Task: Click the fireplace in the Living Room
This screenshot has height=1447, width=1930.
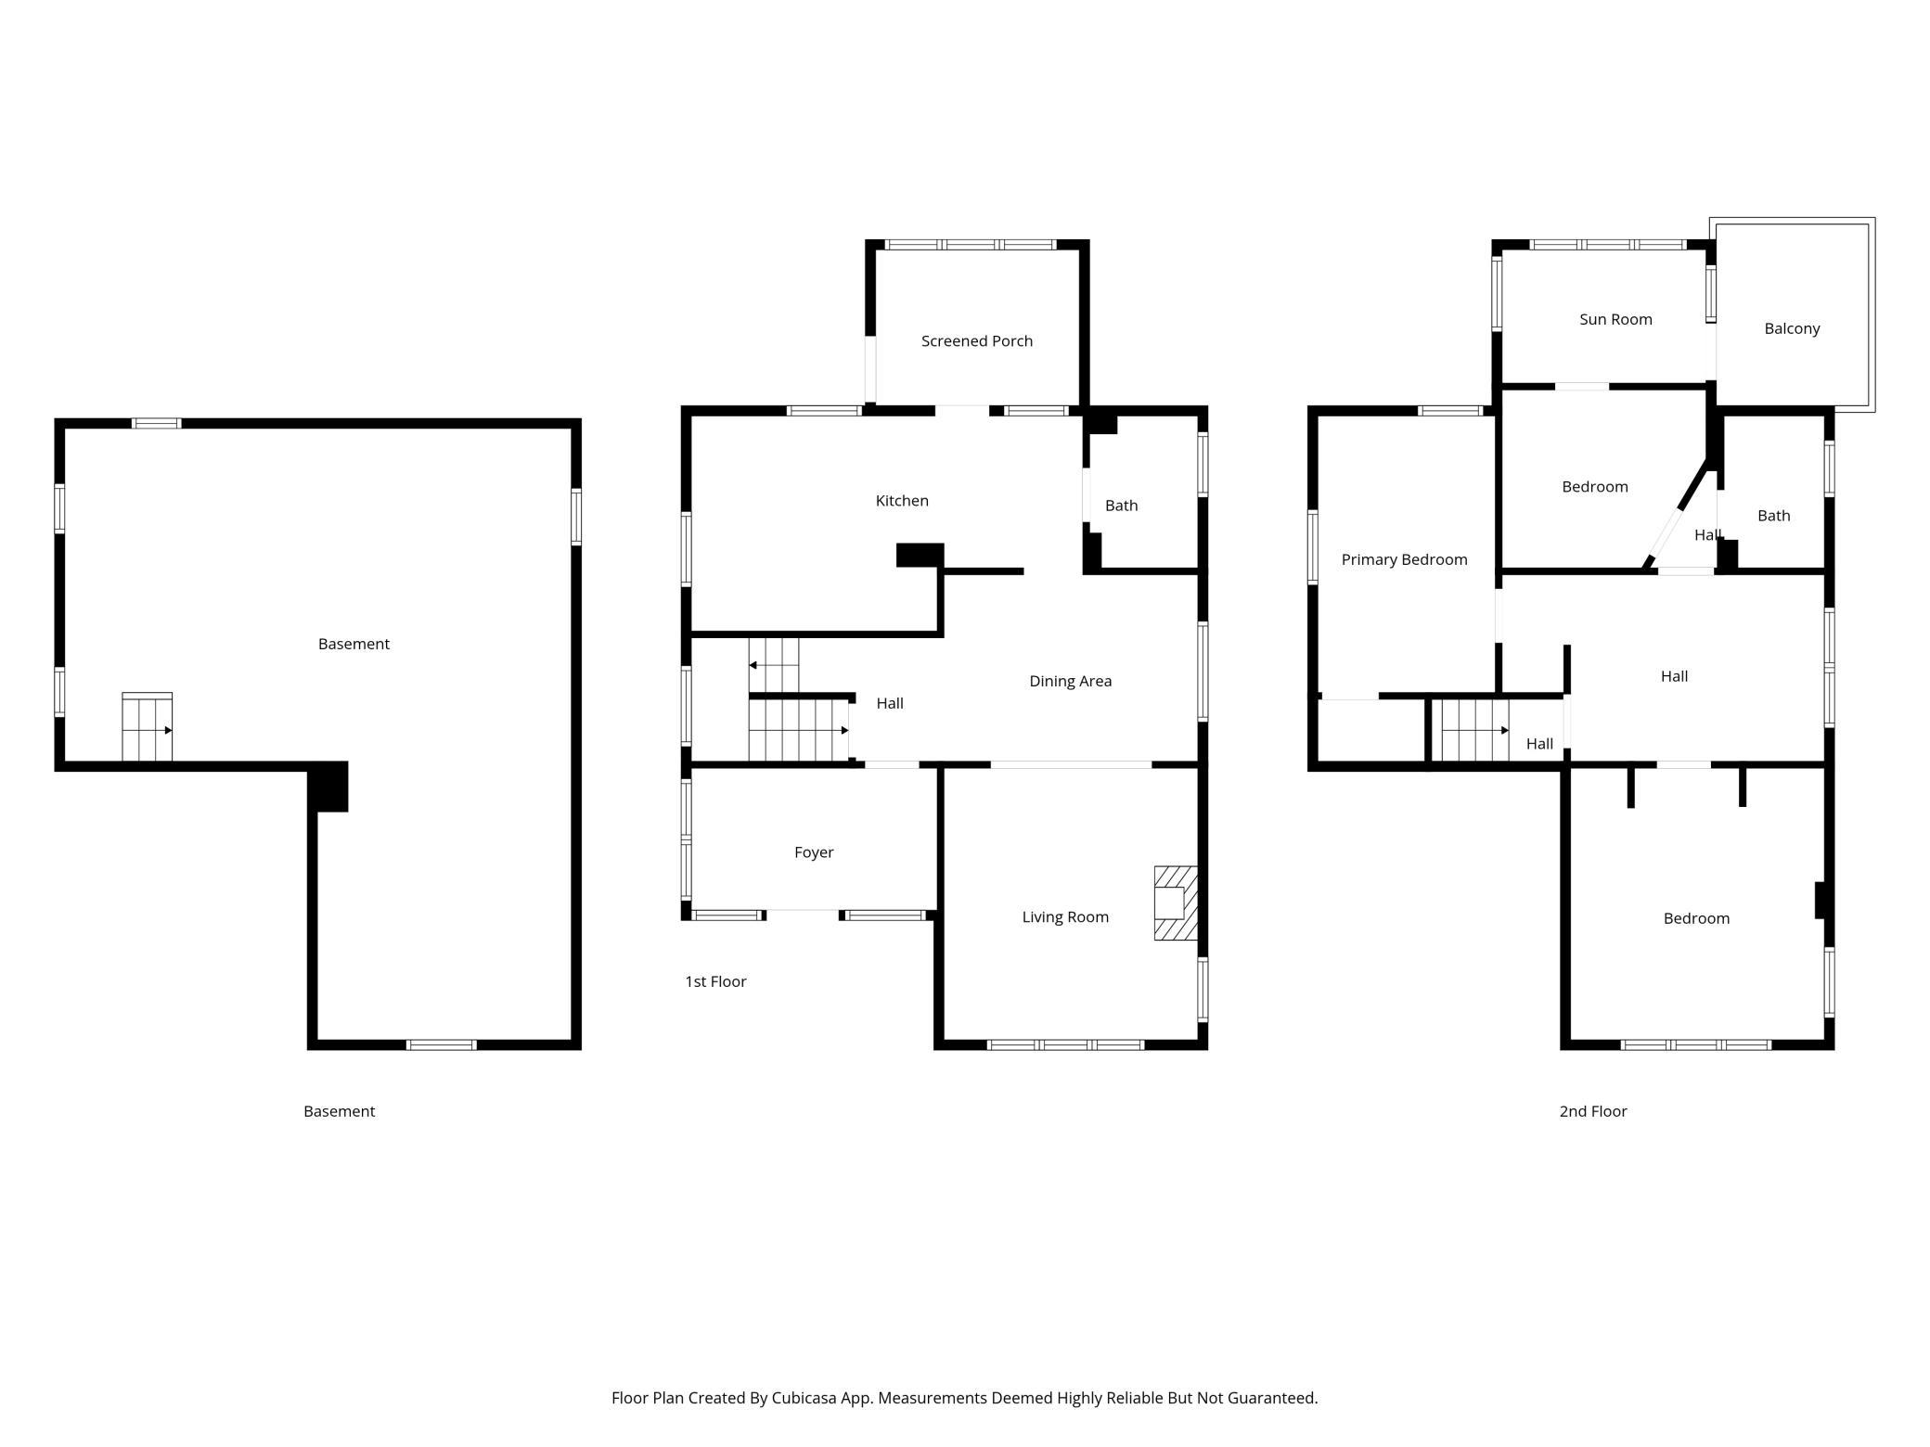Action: (x=1176, y=903)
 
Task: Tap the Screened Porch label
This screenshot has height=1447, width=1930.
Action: (x=977, y=341)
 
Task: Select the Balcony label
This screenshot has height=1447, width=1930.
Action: (x=1792, y=328)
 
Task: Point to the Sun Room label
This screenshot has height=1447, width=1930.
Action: (x=1615, y=319)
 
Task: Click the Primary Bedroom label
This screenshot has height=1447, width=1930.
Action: (x=1404, y=559)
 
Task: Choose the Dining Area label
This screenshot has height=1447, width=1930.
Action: (x=1070, y=681)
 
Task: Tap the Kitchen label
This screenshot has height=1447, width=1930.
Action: (x=902, y=501)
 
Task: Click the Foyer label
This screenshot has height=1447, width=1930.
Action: (x=814, y=852)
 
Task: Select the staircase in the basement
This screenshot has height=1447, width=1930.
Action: (x=148, y=726)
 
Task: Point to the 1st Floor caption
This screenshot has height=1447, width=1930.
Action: (x=715, y=981)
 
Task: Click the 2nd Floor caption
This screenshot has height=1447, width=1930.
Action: (x=1593, y=1111)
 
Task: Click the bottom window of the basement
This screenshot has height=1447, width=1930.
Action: (x=442, y=1044)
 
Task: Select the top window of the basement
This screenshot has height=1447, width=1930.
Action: (x=156, y=424)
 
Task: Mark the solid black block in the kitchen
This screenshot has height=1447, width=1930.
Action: (x=920, y=555)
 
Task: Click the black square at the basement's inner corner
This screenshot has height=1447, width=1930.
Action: (x=328, y=787)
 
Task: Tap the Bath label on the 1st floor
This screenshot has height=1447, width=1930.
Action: (x=1121, y=506)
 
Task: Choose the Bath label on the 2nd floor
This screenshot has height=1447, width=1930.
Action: (x=1773, y=516)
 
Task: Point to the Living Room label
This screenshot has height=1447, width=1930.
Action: (x=1065, y=917)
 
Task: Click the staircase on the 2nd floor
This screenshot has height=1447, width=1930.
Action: (x=1474, y=731)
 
